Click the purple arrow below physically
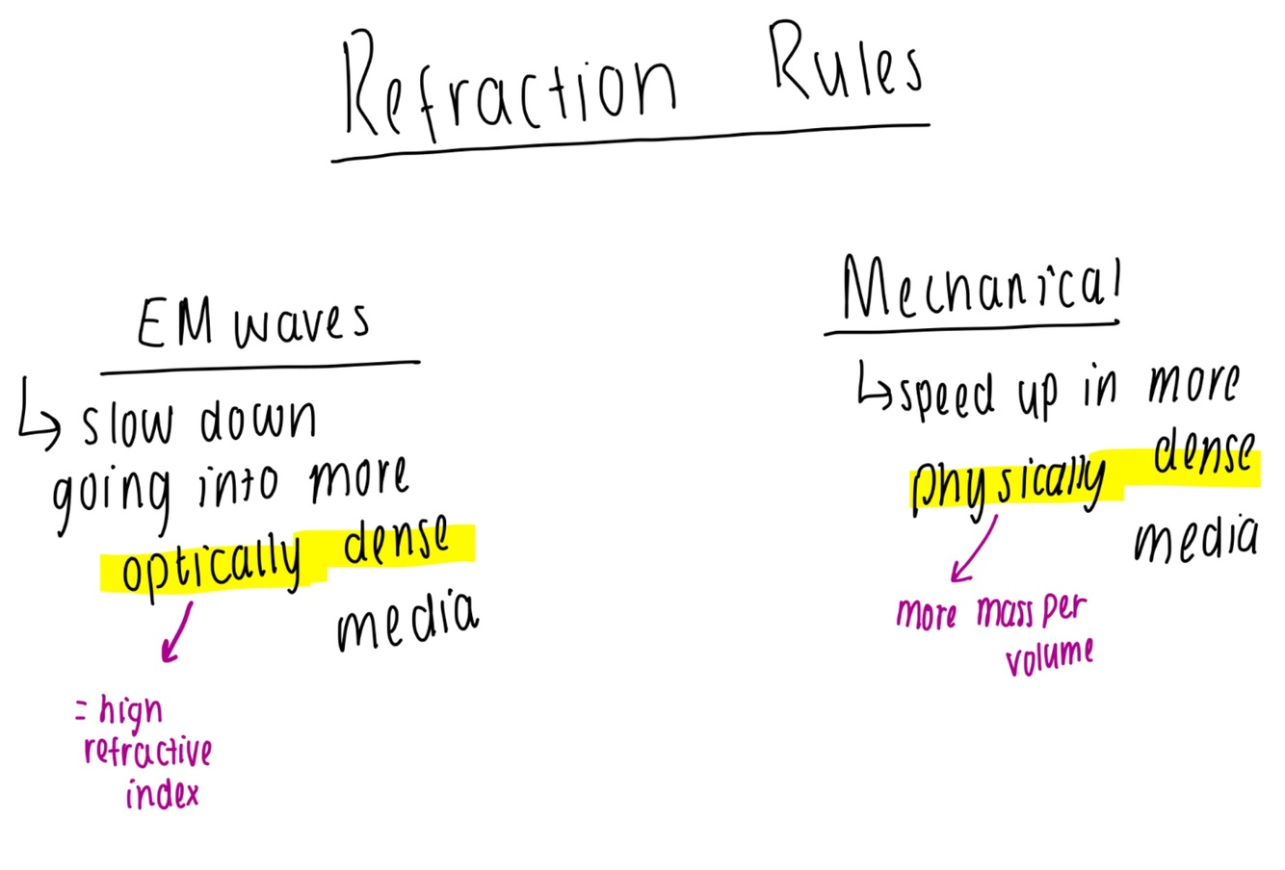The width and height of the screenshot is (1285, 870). (973, 550)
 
